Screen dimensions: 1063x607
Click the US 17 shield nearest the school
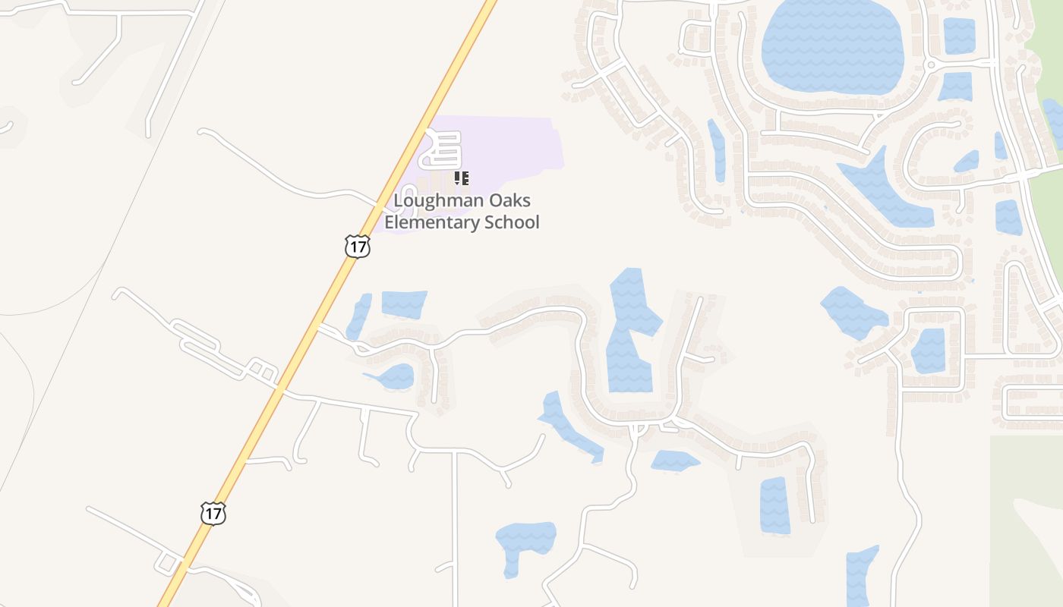357,246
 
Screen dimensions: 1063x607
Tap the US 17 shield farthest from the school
213,514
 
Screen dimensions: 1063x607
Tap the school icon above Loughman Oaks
461,179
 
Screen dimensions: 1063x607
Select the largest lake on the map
833,46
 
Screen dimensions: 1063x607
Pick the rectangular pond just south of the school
403,303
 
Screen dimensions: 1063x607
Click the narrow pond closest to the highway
358,316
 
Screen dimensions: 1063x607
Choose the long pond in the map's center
629,334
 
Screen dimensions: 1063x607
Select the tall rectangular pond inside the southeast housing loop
774,505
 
